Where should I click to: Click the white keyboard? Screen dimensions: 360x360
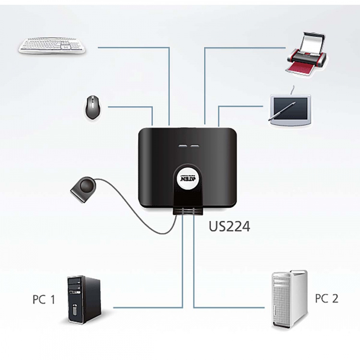[53, 46]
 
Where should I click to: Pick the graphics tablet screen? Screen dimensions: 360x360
[290, 108]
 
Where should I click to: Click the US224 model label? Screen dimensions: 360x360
[229, 226]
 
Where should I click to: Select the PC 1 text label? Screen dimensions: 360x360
[44, 300]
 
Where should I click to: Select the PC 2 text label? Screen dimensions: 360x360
[326, 299]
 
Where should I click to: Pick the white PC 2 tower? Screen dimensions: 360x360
[289, 299]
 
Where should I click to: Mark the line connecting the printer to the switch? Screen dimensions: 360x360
[240, 48]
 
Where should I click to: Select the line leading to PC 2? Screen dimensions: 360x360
[230, 307]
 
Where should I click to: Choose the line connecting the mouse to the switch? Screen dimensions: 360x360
[130, 107]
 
